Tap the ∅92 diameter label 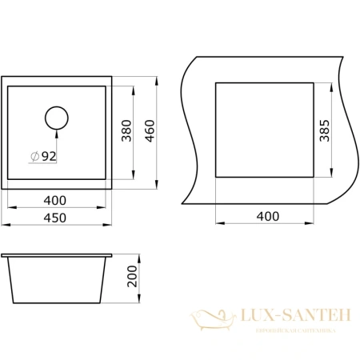pos(43,157)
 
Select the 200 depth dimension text pos(134,280)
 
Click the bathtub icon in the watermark pos(214,323)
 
